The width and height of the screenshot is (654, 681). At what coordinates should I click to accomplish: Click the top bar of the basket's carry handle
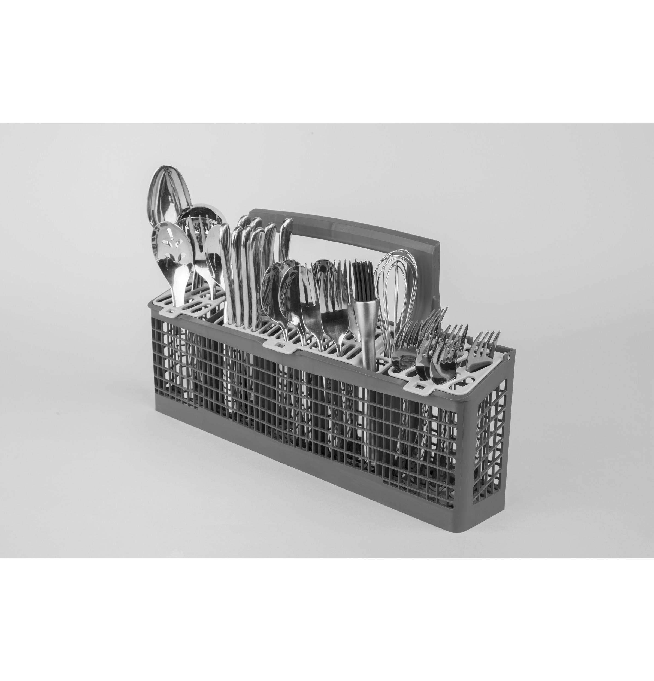click(347, 226)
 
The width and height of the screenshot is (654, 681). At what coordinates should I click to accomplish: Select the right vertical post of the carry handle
click(434, 278)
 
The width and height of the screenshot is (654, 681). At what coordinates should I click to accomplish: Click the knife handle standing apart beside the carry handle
click(286, 240)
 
